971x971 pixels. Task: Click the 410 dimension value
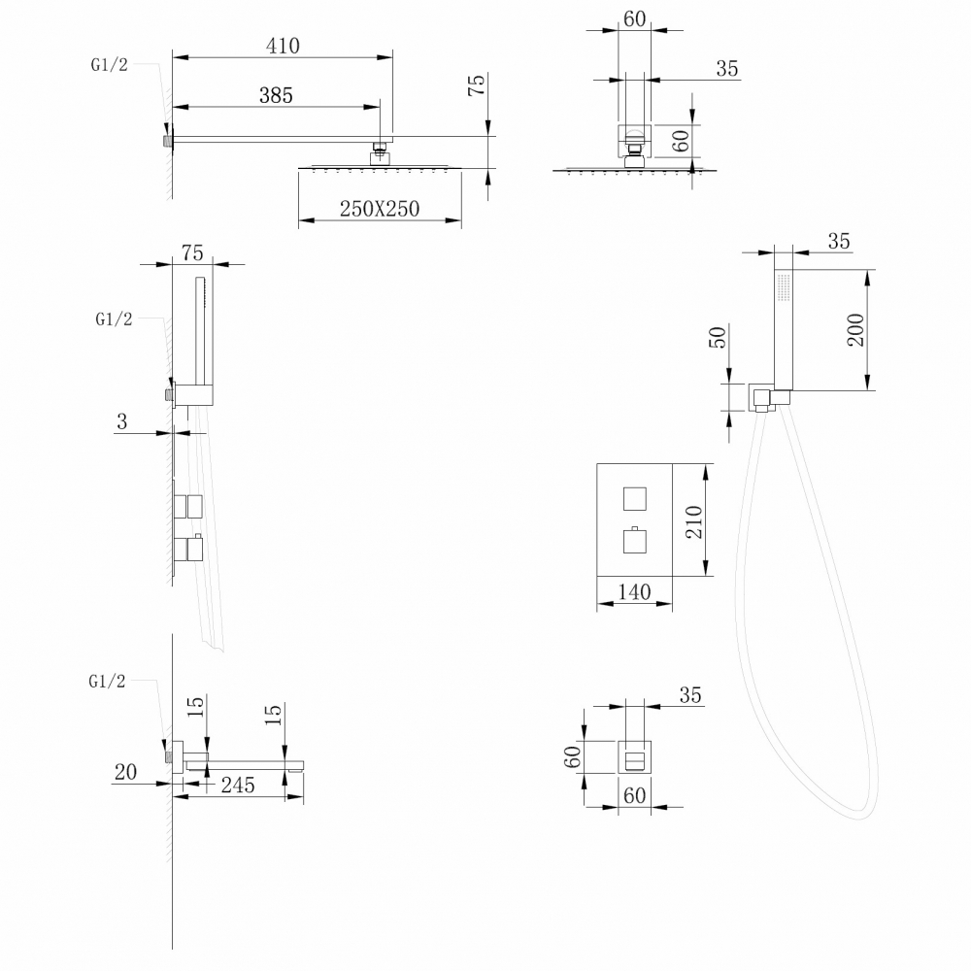[x=283, y=46]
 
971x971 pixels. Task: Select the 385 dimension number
[x=276, y=95]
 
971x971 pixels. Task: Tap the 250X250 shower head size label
[x=380, y=209]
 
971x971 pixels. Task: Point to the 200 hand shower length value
[x=855, y=331]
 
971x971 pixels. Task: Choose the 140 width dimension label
[x=634, y=591]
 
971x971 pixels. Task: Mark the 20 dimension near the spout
[x=124, y=772]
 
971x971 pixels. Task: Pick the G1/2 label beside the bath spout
[x=107, y=682]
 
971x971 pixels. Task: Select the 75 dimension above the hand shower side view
[x=192, y=253]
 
